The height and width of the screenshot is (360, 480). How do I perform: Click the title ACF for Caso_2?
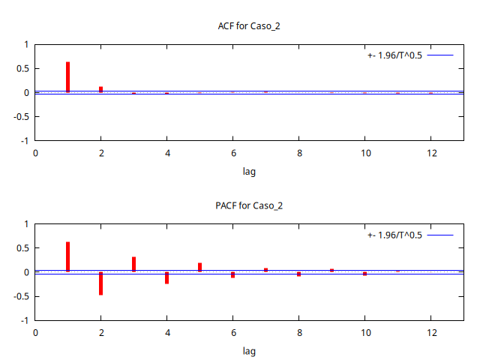click(249, 26)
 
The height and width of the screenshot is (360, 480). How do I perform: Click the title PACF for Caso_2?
click(249, 205)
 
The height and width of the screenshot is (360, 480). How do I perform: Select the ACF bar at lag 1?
click(67, 77)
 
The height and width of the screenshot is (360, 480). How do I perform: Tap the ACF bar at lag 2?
click(100, 89)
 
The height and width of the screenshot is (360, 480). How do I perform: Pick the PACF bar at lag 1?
click(67, 256)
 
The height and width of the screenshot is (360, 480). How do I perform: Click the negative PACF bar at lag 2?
click(100, 283)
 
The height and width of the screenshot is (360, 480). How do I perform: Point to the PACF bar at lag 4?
click(166, 277)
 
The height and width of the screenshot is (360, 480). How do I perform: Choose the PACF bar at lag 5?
click(199, 267)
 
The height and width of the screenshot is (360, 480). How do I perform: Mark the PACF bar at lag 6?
click(232, 274)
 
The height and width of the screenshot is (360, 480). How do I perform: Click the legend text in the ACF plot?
click(394, 55)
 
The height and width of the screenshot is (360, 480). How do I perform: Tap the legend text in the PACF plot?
click(394, 235)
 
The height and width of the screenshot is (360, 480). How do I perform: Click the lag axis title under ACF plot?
click(249, 172)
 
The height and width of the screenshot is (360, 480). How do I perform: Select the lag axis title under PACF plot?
click(249, 351)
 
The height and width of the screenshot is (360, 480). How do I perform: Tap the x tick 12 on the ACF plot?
click(430, 153)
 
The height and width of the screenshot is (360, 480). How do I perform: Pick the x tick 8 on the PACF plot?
click(298, 332)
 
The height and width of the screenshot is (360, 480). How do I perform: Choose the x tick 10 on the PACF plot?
click(364, 332)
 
